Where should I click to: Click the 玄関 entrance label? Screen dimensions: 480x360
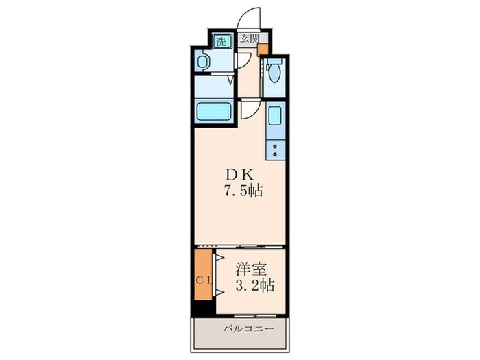point(250,39)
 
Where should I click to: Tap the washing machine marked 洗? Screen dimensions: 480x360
point(221,41)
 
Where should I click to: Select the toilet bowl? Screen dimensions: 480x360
point(275,71)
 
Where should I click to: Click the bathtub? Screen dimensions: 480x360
point(214,112)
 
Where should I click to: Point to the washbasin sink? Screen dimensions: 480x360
point(203,62)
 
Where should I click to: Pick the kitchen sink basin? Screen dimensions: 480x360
point(276,116)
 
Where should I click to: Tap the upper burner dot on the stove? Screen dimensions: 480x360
point(275,146)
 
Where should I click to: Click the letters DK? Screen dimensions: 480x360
point(240,175)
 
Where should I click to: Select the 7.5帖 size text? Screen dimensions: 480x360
point(244,191)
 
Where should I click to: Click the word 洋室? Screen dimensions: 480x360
point(251,269)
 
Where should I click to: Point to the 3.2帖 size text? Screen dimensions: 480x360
point(254,286)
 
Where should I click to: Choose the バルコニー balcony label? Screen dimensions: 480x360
point(248,329)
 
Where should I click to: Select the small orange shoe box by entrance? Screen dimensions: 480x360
point(263,49)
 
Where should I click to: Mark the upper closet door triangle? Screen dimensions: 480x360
point(220,258)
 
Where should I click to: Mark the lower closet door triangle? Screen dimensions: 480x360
point(220,293)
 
